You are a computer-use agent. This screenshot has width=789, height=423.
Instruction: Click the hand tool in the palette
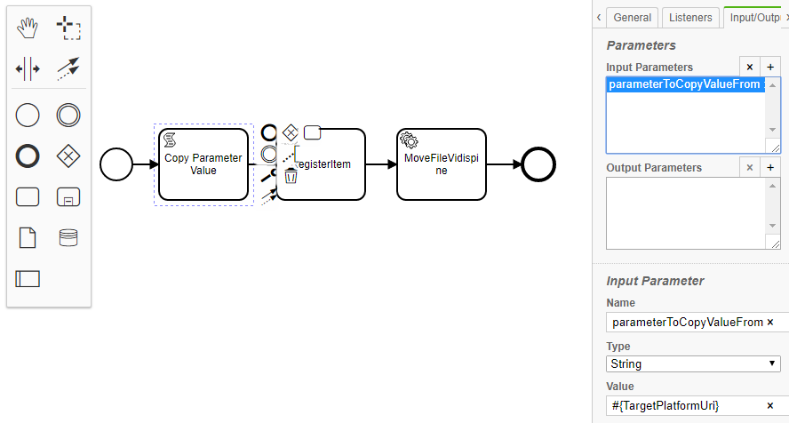(28, 28)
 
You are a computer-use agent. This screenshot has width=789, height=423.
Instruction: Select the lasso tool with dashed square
(68, 28)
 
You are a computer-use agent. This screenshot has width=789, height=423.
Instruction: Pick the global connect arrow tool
(68, 68)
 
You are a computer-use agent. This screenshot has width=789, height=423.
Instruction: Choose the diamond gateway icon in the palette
(68, 156)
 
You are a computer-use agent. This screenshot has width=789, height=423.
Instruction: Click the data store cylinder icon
(68, 237)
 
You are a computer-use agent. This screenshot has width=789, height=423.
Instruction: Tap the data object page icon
(28, 237)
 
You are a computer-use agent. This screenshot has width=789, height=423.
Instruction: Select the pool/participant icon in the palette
(28, 278)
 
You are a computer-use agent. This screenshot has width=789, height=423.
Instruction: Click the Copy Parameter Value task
(203, 164)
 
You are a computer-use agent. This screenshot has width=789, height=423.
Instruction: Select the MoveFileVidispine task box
(442, 164)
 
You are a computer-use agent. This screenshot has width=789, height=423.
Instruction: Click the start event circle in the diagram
(116, 164)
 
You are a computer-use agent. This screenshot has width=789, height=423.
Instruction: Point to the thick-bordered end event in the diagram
(538, 164)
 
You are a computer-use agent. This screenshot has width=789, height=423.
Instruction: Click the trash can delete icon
(291, 176)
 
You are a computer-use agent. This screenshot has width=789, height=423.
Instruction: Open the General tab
(633, 17)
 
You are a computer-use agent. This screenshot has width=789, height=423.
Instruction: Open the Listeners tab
(689, 17)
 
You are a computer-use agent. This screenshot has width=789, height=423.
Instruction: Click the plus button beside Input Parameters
(770, 68)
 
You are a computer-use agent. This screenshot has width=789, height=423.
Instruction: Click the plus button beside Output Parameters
(770, 168)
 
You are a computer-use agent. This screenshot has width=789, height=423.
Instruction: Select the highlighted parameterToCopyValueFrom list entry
(684, 84)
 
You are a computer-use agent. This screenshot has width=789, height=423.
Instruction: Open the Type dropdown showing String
(694, 363)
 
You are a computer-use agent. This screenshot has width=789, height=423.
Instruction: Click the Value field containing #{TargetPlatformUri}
(684, 405)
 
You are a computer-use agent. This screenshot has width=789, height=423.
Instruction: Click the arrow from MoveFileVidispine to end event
(505, 164)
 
